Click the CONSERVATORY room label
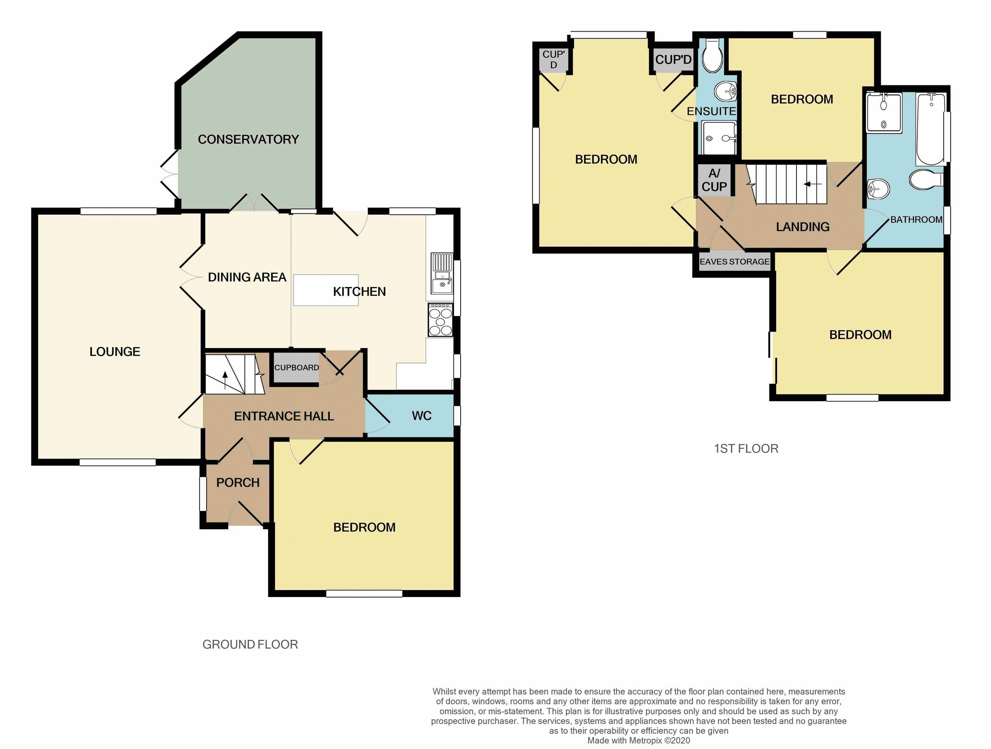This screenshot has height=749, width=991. (x=248, y=139)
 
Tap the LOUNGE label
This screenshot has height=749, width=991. (x=115, y=352)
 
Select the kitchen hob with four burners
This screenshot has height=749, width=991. (x=440, y=320)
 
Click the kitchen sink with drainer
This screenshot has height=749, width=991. (x=442, y=273)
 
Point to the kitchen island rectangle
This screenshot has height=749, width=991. (x=326, y=290)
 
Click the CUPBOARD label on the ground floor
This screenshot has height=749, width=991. (x=296, y=368)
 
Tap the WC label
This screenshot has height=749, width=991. (x=421, y=416)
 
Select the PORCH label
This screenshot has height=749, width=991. (x=238, y=483)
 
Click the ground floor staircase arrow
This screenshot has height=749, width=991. (x=225, y=377)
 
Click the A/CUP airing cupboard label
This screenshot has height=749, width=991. (x=714, y=180)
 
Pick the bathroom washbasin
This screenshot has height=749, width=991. (x=878, y=189)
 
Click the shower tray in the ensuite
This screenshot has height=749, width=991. (x=719, y=138)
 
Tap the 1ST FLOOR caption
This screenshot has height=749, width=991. (x=746, y=449)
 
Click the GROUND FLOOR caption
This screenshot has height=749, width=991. (x=250, y=645)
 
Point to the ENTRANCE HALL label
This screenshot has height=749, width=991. (x=283, y=416)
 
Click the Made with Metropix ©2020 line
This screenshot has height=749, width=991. (x=638, y=741)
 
